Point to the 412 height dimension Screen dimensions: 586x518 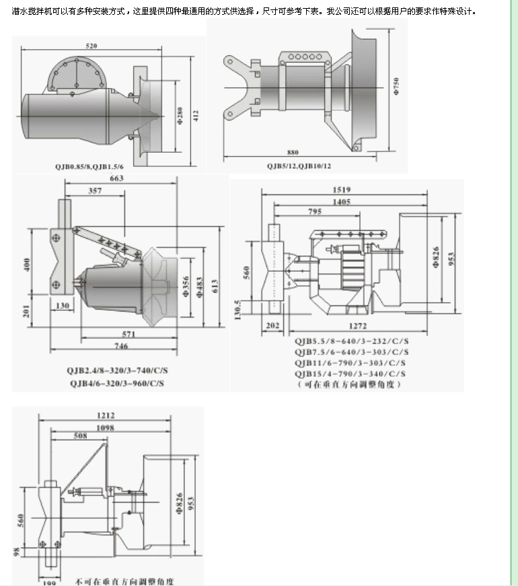click(x=196, y=115)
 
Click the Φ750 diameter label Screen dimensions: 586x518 click(x=397, y=85)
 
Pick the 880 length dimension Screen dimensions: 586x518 click(x=292, y=152)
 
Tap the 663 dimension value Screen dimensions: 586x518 click(x=116, y=179)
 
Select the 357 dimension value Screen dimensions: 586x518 click(x=96, y=192)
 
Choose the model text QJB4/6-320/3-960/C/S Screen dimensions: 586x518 click(x=116, y=383)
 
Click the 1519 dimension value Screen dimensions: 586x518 click(x=341, y=190)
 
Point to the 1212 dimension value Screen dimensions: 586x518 click(x=106, y=415)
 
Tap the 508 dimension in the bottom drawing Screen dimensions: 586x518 click(x=80, y=436)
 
